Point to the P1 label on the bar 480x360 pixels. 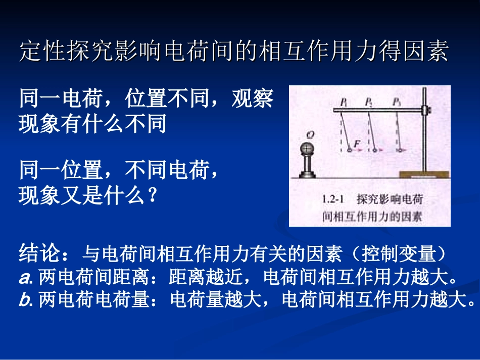point(344,102)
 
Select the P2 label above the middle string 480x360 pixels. point(368,102)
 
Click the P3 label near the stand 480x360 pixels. point(396,102)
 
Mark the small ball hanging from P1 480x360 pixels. point(349,150)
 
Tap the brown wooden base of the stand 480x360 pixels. point(423,174)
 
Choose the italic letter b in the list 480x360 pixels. point(24,301)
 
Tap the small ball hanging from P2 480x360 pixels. point(374,150)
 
